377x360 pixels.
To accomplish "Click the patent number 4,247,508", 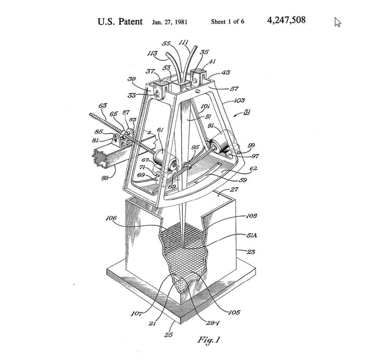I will click(x=286, y=21).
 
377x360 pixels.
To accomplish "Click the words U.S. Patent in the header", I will click(x=120, y=22).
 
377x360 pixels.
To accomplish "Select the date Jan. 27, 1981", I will click(x=170, y=22).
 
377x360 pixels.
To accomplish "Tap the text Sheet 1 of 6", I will click(x=228, y=22).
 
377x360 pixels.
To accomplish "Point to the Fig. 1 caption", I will click(x=208, y=340).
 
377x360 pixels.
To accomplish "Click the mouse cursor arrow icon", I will click(x=337, y=22).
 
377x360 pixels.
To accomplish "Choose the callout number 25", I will click(x=168, y=335).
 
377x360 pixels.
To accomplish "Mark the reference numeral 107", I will click(x=136, y=313).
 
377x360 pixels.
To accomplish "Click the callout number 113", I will click(x=153, y=53).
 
